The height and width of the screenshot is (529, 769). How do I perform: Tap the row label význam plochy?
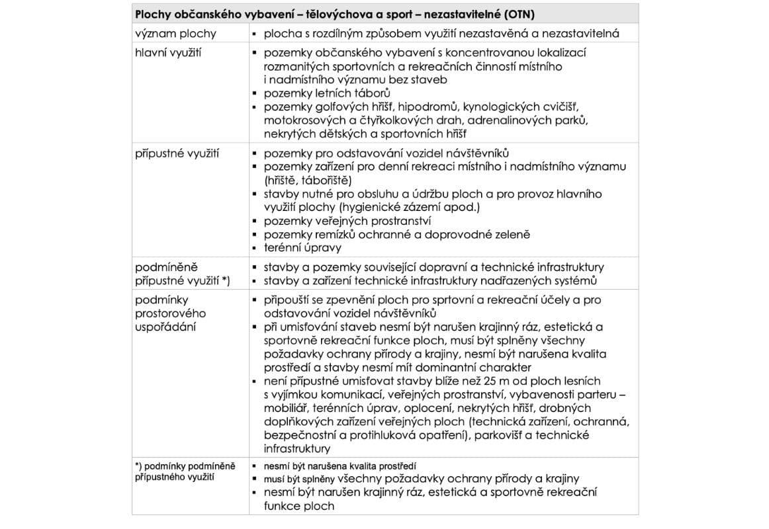175,33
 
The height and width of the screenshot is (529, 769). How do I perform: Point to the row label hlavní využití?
169,52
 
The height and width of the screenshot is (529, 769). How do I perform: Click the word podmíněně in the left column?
166,267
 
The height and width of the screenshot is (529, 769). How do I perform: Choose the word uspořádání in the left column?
165,327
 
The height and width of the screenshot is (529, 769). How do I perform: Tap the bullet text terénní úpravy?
303,248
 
